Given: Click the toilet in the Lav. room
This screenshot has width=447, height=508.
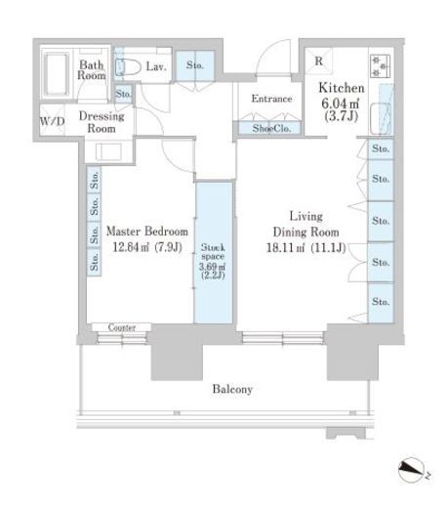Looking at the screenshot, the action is [x=128, y=67].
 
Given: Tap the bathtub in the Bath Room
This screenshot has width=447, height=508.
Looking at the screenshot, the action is [x=56, y=74].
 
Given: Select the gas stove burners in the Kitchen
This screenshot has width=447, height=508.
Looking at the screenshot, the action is [x=380, y=66].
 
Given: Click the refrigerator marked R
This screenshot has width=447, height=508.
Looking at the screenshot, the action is [x=318, y=61].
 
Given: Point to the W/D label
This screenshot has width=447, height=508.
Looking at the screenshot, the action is [x=52, y=121].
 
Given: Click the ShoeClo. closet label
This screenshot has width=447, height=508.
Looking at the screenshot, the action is [x=271, y=129].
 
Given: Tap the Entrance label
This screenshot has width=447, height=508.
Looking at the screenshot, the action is [x=271, y=99].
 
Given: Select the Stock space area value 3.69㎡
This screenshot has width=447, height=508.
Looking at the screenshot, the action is [x=213, y=267].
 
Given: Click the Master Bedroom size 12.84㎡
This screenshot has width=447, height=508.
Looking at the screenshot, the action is [x=131, y=247].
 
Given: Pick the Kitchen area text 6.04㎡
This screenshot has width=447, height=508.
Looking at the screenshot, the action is [x=341, y=104].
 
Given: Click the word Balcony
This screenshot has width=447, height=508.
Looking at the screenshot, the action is [x=232, y=389].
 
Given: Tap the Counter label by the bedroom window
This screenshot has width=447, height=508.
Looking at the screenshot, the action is [x=122, y=327].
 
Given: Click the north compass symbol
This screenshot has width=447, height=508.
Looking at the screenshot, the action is [x=411, y=470].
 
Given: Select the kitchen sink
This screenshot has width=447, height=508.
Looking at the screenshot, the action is [x=381, y=118].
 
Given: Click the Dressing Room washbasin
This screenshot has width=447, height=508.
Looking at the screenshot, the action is [x=108, y=151].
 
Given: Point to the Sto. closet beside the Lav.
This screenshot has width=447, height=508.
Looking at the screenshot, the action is [x=195, y=65].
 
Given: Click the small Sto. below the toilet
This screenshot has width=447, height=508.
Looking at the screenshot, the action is [x=124, y=94].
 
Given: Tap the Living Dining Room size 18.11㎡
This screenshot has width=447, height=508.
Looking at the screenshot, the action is [x=285, y=248].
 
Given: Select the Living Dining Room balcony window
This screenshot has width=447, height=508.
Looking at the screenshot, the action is [x=283, y=338].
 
